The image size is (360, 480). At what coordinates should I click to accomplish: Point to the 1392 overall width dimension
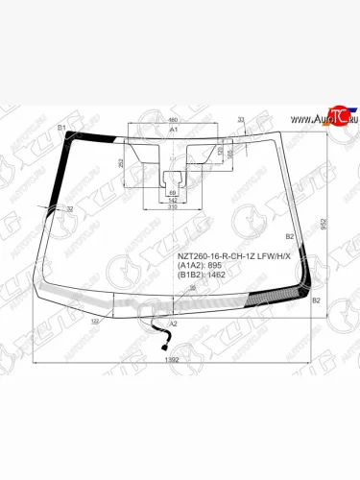coord(173,359)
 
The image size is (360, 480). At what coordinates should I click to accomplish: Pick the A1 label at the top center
coord(174,129)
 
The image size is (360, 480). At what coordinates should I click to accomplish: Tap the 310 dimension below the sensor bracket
coord(173,206)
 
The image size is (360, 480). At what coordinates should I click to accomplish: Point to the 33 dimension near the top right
coord(241,119)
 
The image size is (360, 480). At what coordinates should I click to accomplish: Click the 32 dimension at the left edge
coord(69,207)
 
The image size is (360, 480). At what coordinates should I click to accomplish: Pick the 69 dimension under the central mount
coord(173,193)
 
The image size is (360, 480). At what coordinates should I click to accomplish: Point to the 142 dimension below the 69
coord(173,200)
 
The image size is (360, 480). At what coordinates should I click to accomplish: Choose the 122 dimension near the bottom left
coord(94,322)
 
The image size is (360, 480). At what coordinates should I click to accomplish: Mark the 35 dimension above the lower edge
coord(192,289)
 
